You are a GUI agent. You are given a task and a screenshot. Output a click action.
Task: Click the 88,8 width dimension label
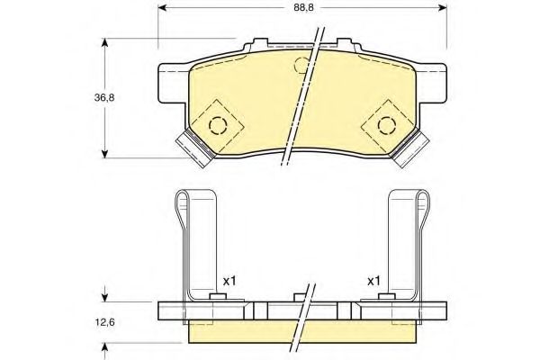click(x=304, y=7)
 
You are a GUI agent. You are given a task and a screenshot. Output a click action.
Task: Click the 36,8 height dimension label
click(x=104, y=98)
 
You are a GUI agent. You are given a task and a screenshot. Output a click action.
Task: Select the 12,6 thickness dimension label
click(x=104, y=322)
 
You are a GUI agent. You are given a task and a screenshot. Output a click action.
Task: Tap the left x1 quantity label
click(x=229, y=282)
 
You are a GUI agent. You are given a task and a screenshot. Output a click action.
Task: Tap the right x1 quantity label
click(x=373, y=282)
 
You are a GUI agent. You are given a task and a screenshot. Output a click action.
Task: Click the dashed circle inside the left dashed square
click(x=210, y=125)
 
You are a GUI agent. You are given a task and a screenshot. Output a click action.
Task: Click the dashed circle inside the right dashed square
click(x=378, y=125)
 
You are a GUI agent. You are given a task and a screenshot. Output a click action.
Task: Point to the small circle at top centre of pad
click(x=295, y=65)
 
